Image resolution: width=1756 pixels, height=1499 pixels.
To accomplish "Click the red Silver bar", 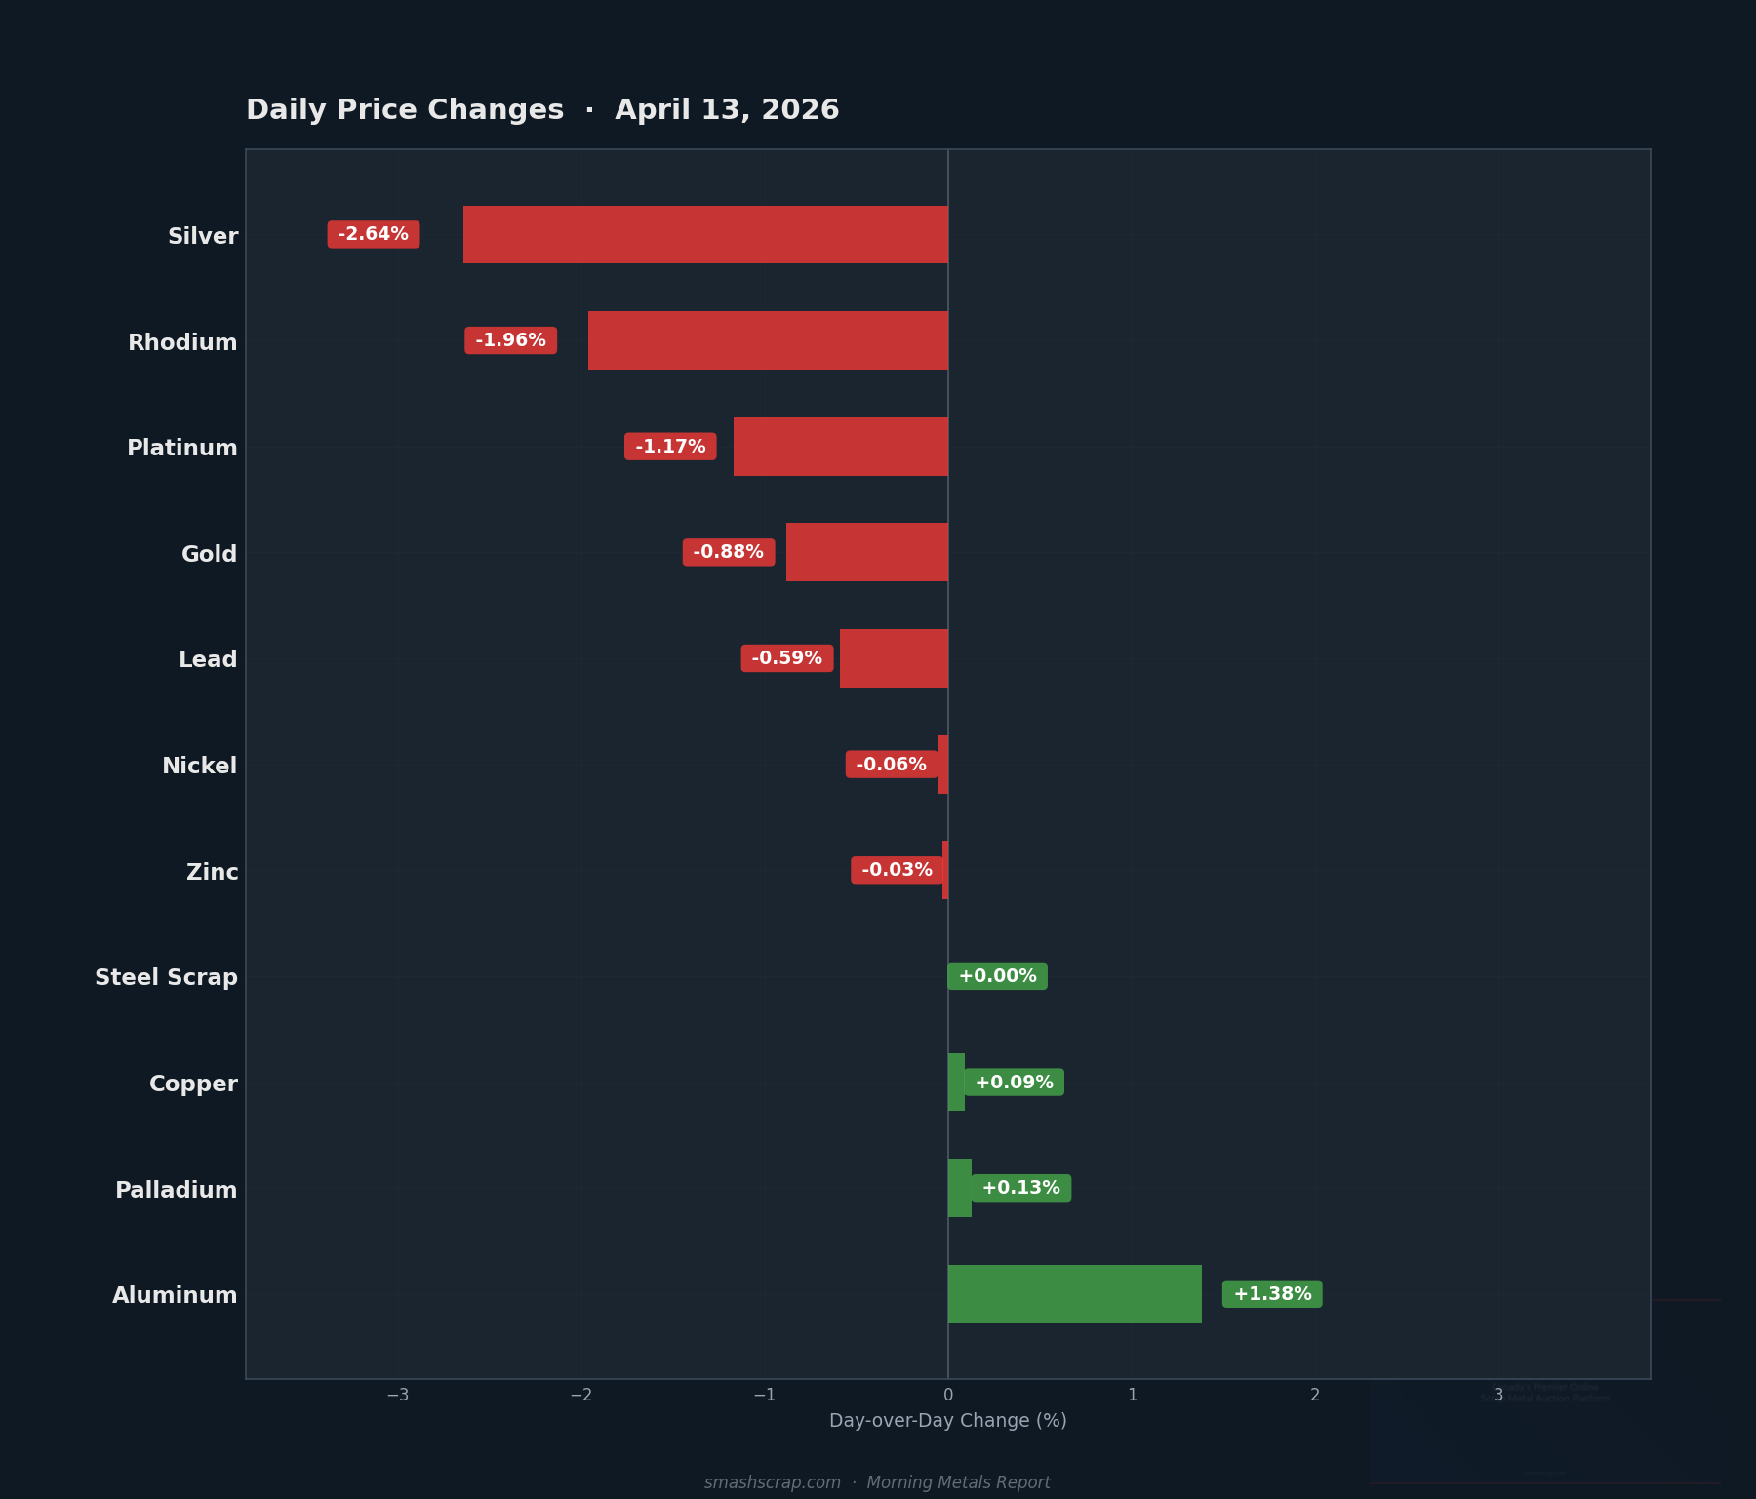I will [x=705, y=234].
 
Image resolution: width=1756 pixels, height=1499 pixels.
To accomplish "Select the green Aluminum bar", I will [x=1074, y=1294].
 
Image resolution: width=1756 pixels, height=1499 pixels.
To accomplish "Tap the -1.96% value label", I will [x=510, y=340].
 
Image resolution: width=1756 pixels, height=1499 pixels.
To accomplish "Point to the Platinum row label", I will [x=182, y=448].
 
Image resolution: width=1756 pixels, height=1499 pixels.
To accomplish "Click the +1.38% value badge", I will [x=1272, y=1294].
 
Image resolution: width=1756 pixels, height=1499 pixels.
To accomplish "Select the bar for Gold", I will [x=867, y=552].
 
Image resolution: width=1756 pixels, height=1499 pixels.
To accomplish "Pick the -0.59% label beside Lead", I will [x=786, y=658].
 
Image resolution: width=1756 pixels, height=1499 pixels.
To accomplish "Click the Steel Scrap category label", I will [x=166, y=977].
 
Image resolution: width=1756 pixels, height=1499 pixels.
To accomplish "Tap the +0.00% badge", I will [x=997, y=976].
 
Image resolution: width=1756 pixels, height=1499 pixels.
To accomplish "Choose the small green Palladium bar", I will [x=959, y=1188].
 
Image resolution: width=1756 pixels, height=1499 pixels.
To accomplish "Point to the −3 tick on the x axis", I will [x=398, y=1395].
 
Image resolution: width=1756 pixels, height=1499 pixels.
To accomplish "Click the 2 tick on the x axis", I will [x=1315, y=1395].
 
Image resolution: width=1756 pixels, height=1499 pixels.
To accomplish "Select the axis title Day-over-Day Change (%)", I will [x=947, y=1421].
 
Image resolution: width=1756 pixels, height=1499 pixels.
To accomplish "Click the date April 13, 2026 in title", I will [x=727, y=110].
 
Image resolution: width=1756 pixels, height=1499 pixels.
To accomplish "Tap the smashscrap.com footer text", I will [x=773, y=1482].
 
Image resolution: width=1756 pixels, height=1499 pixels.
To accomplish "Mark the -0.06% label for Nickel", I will [x=891, y=765].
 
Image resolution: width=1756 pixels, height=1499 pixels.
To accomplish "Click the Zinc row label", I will [x=213, y=872].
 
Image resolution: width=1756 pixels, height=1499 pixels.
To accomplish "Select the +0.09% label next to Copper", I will [x=1014, y=1083].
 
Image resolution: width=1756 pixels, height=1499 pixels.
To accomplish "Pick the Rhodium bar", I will [x=768, y=340].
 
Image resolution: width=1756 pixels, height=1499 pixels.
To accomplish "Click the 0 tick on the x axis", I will [x=948, y=1395].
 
